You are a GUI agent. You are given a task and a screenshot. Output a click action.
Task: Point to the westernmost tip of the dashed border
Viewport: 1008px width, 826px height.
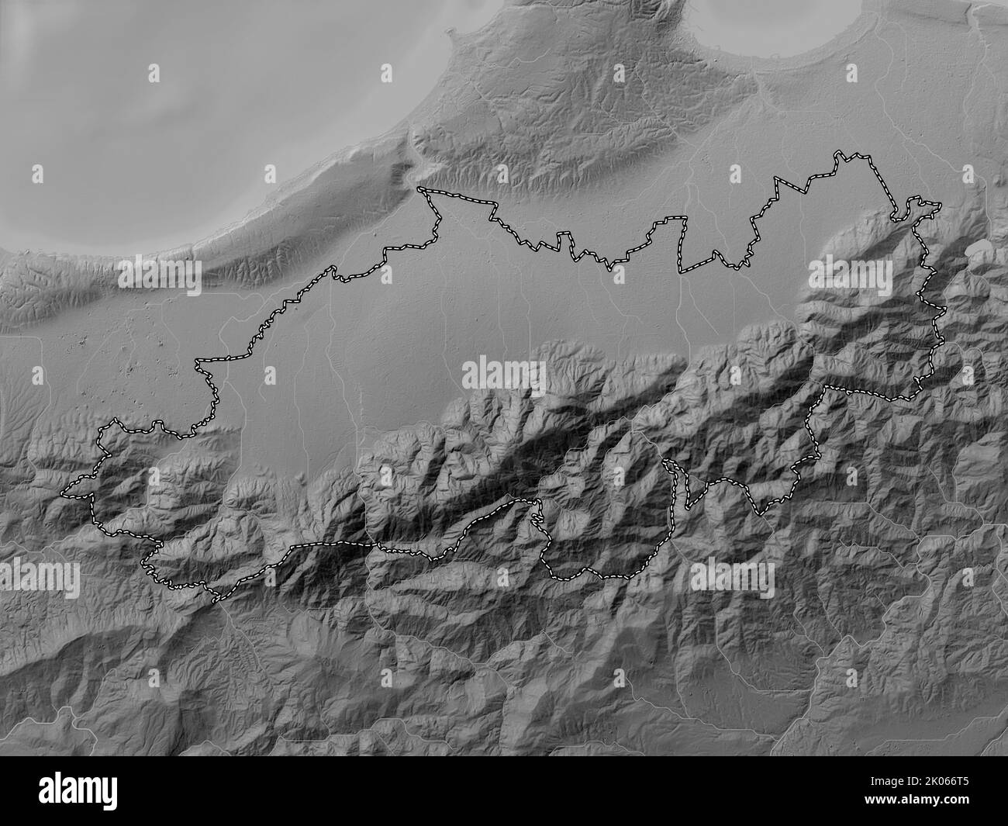(x=64, y=492)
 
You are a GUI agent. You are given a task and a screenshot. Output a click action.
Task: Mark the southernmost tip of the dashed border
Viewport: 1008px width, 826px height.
(x=216, y=599)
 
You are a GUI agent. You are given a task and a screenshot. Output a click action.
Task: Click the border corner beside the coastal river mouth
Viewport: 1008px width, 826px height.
(x=419, y=189)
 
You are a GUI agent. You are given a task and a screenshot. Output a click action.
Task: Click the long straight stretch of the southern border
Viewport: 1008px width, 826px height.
(x=333, y=546)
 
